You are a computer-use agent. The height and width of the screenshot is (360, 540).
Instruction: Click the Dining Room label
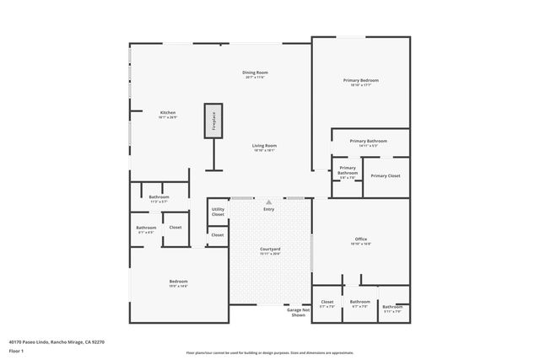pyautogui.click(x=255, y=73)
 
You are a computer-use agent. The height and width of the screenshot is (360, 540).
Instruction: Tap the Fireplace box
pyautogui.click(x=213, y=121)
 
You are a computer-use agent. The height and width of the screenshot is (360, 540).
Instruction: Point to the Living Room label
pyautogui.click(x=264, y=146)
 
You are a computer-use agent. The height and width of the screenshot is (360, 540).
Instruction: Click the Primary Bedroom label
pyautogui.click(x=360, y=81)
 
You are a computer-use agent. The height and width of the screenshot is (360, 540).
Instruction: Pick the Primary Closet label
pyautogui.click(x=385, y=175)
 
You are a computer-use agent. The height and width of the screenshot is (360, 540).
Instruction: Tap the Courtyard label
pyautogui.click(x=270, y=250)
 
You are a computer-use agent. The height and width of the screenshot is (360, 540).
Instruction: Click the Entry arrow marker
pyautogui.click(x=268, y=202)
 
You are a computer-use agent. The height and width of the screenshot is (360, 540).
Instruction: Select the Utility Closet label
pyautogui.click(x=218, y=212)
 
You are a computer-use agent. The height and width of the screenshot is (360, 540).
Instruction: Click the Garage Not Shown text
pyautogui.click(x=298, y=312)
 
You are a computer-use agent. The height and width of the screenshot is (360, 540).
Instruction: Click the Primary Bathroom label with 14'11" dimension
pyautogui.click(x=368, y=142)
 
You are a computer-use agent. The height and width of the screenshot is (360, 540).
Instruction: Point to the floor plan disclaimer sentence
pyautogui.click(x=270, y=353)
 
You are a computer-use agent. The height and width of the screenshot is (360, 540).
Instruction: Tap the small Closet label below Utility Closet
pyautogui.click(x=218, y=234)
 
